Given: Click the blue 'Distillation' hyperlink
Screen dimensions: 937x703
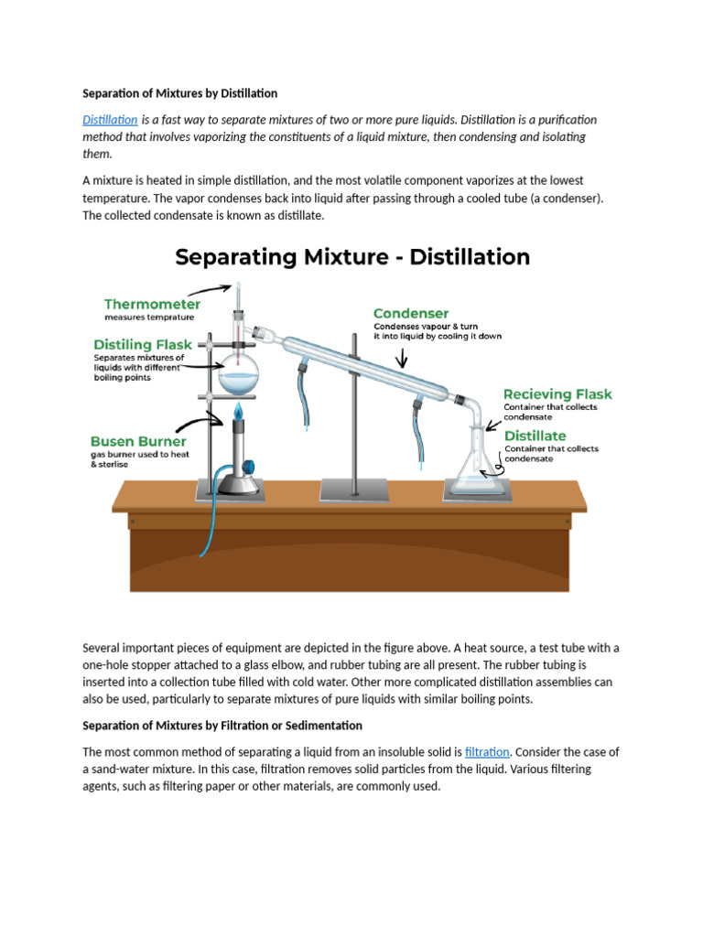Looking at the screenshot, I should pyautogui.click(x=110, y=120).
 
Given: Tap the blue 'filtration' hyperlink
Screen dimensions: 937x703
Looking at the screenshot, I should pyautogui.click(x=487, y=752).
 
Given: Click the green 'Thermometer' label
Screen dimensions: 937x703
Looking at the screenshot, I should pyautogui.click(x=152, y=304).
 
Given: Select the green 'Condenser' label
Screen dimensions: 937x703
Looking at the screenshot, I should pyautogui.click(x=410, y=313).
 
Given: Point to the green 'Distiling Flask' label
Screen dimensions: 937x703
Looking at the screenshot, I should pyautogui.click(x=141, y=345).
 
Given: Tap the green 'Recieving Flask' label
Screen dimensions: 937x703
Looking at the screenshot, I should pyautogui.click(x=557, y=394).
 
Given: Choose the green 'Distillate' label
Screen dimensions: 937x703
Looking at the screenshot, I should pyautogui.click(x=535, y=436).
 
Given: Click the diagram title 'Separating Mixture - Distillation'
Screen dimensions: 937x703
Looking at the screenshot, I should pyautogui.click(x=352, y=257).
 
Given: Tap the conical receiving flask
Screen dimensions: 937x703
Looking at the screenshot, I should pyautogui.click(x=476, y=467).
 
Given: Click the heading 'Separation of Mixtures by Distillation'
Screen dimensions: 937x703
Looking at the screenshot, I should pyautogui.click(x=179, y=93).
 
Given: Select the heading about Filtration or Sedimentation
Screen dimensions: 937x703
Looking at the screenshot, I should pyautogui.click(x=222, y=726).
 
